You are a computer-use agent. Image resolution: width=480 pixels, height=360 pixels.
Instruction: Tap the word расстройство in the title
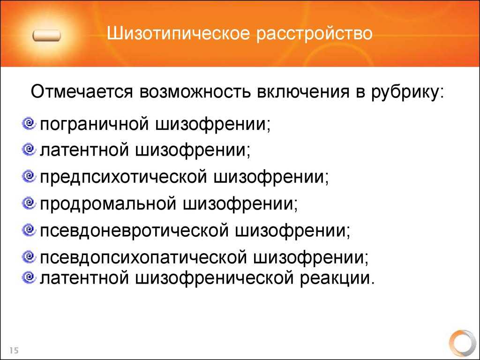(x=314, y=34)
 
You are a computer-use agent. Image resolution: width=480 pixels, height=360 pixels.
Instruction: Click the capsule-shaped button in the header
(x=46, y=36)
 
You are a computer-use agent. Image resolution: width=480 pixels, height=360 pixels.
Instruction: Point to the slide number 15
(x=14, y=350)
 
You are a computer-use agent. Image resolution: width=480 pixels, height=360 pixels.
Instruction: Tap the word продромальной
(x=108, y=204)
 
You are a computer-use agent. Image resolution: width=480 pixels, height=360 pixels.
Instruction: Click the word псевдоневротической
(x=134, y=231)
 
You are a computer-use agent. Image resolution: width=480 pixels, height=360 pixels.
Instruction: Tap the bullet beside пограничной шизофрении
(x=29, y=123)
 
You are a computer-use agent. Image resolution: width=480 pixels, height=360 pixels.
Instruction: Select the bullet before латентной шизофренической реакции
(x=29, y=277)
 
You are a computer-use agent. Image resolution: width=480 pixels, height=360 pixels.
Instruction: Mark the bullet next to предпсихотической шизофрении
(x=29, y=176)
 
